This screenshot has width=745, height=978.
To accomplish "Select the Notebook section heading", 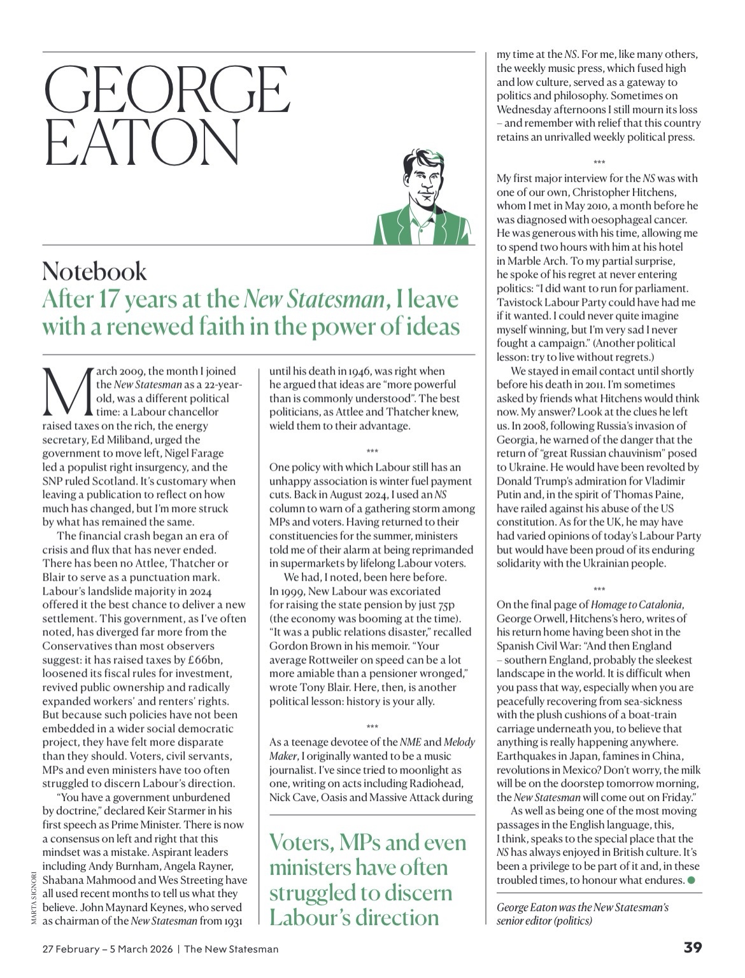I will [x=94, y=271].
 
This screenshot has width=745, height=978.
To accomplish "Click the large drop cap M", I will [x=67, y=390].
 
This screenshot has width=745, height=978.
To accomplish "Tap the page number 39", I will [x=693, y=948].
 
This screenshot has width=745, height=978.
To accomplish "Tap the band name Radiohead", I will [x=437, y=783].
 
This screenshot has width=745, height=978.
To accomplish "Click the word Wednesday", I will [x=528, y=110].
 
